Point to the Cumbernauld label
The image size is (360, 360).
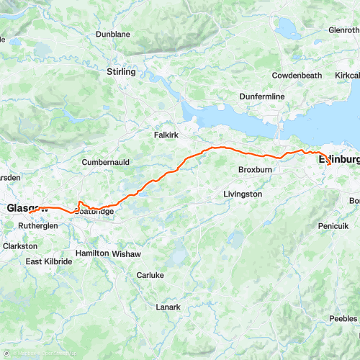pyautogui.click(x=106, y=162)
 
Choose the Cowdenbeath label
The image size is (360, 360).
pyautogui.click(x=296, y=76)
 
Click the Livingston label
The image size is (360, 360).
pyautogui.click(x=243, y=194)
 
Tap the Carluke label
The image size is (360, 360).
pyautogui.click(x=150, y=275)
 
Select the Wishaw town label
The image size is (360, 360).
pyautogui.click(x=128, y=254)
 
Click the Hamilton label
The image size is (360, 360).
pyautogui.click(x=92, y=253)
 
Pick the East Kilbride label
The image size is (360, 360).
pyautogui.click(x=49, y=262)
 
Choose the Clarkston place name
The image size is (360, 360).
pyautogui.click(x=20, y=246)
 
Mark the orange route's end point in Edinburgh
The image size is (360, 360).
pyautogui.click(x=330, y=165)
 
